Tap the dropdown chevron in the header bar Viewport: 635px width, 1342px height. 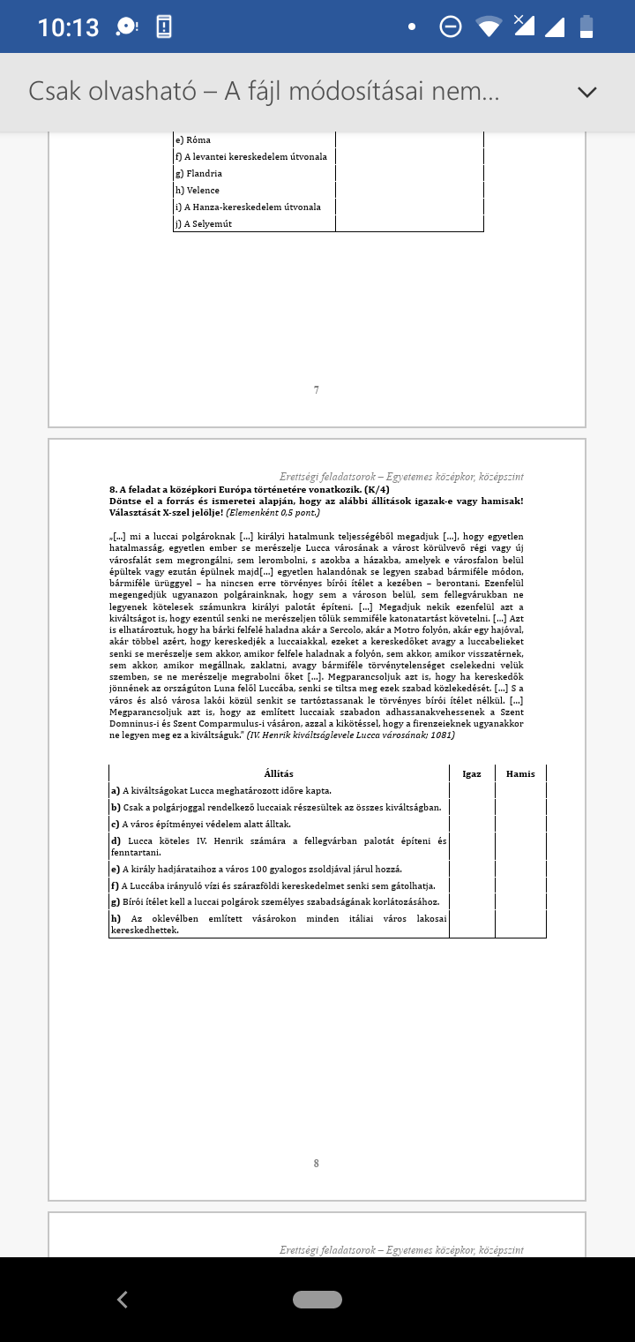[x=586, y=92]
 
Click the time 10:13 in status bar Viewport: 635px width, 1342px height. [x=68, y=27]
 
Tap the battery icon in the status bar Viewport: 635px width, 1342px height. [x=586, y=26]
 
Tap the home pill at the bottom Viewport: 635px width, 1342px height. [x=317, y=1299]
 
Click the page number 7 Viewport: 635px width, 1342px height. [x=317, y=389]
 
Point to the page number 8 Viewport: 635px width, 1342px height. [x=317, y=1163]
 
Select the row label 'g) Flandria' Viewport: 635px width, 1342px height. [x=198, y=174]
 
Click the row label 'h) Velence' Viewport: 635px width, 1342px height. [x=197, y=190]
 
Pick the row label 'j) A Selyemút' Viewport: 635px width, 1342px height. [x=203, y=223]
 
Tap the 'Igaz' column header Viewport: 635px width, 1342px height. [x=472, y=773]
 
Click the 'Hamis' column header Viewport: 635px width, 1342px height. [x=520, y=773]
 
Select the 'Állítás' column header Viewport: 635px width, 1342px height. [x=279, y=773]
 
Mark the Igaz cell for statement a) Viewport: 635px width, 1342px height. [x=472, y=790]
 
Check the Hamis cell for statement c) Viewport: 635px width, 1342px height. [x=520, y=824]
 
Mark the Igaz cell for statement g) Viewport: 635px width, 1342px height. [x=472, y=901]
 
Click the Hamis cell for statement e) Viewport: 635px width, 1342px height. [x=520, y=869]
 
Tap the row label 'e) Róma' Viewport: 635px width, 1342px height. [x=192, y=139]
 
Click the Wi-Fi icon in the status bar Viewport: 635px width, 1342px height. [x=489, y=26]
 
